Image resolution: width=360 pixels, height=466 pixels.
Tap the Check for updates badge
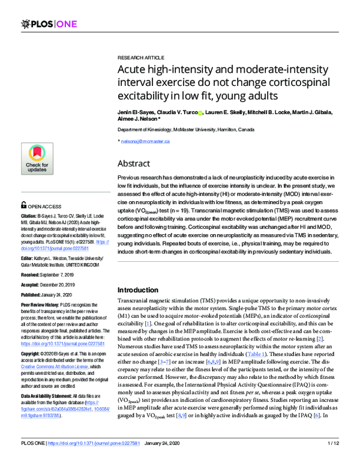click(37, 160)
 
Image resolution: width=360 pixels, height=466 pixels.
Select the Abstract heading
click(134, 163)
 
